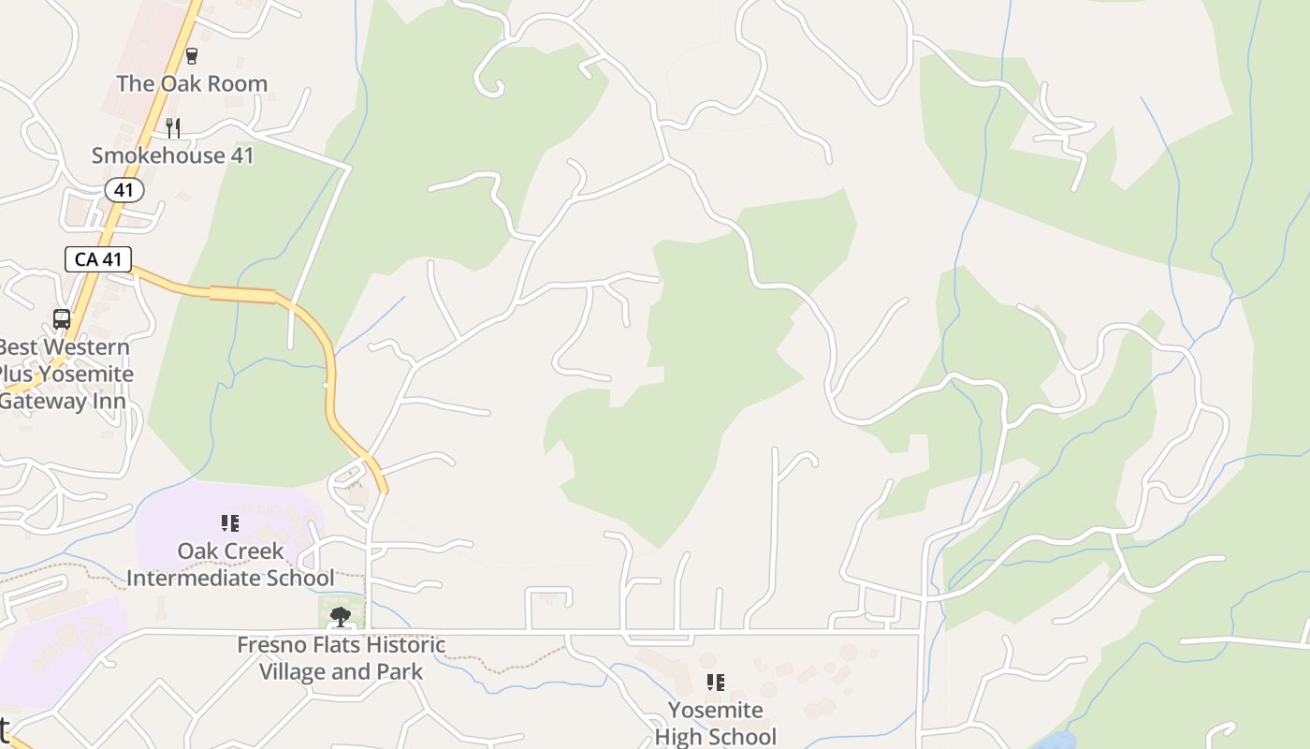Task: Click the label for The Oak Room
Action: pyautogui.click(x=192, y=83)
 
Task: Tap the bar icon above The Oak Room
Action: pyautogui.click(x=192, y=56)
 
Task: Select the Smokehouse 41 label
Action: pyautogui.click(x=173, y=155)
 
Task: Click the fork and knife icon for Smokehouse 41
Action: pyautogui.click(x=172, y=127)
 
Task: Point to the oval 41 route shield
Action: pyautogui.click(x=124, y=191)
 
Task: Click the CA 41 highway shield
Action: pyautogui.click(x=98, y=259)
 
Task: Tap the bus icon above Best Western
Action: pyautogui.click(x=62, y=319)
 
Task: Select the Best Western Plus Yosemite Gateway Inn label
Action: pyautogui.click(x=65, y=374)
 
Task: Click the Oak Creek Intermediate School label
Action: pyautogui.click(x=230, y=565)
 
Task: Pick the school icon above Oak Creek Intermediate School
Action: pyautogui.click(x=230, y=523)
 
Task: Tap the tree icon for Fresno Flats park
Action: pyautogui.click(x=341, y=616)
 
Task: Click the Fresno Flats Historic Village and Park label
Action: pyautogui.click(x=341, y=658)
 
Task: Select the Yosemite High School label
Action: pyautogui.click(x=716, y=724)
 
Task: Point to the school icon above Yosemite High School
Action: pyautogui.click(x=716, y=683)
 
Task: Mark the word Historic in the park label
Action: pyautogui.click(x=404, y=645)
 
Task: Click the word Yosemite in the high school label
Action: pyautogui.click(x=716, y=711)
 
